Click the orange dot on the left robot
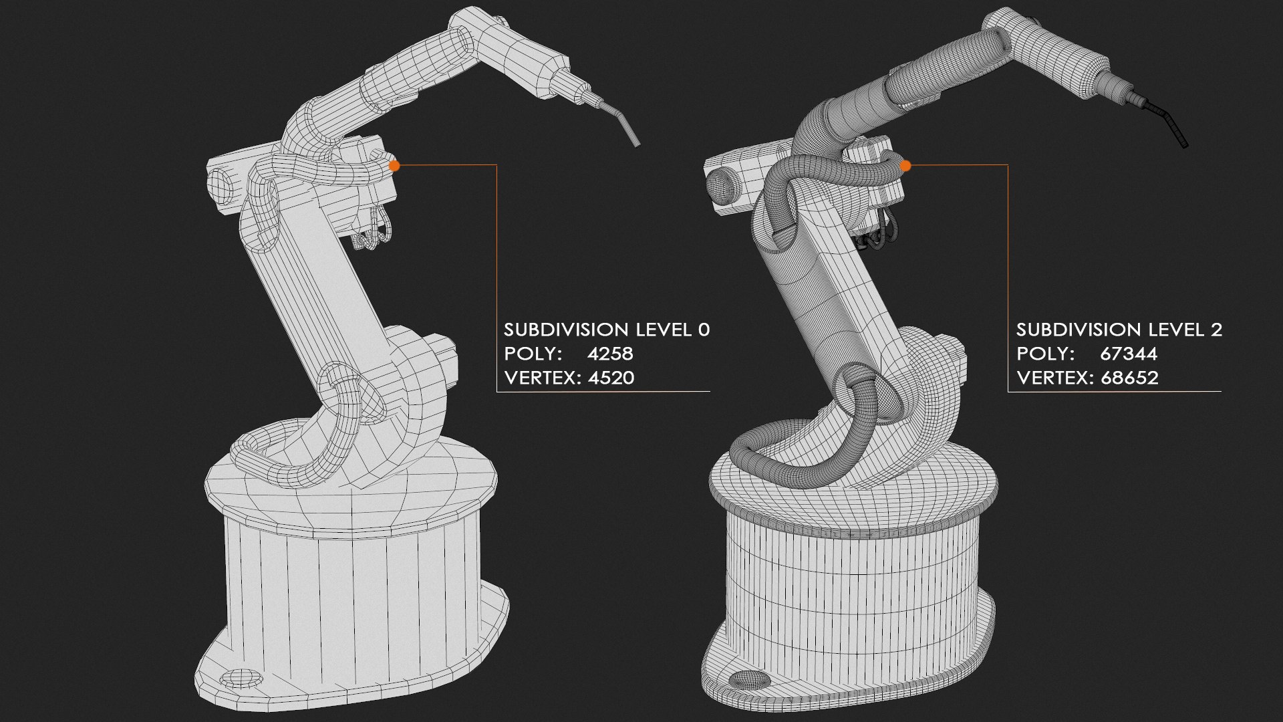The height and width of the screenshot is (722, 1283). [x=394, y=165]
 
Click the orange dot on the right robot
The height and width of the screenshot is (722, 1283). [x=905, y=165]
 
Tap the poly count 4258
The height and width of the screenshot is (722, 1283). [x=610, y=354]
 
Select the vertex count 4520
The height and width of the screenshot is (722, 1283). [x=611, y=378]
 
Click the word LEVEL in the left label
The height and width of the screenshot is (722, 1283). [x=664, y=330]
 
